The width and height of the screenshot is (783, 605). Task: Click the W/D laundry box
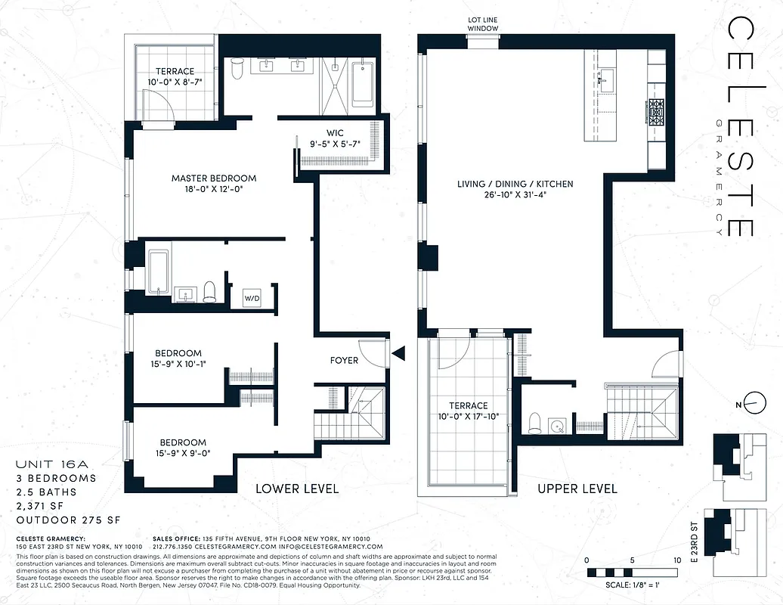pyautogui.click(x=252, y=298)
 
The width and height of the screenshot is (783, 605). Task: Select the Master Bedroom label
pyautogui.click(x=213, y=178)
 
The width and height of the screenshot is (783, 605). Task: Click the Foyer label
pyautogui.click(x=344, y=360)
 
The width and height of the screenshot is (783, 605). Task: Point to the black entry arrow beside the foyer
pyautogui.click(x=398, y=352)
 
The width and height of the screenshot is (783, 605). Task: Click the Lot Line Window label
pyautogui.click(x=482, y=24)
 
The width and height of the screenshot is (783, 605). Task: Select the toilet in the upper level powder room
pyautogui.click(x=535, y=423)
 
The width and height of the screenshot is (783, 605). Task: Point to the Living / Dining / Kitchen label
pyautogui.click(x=515, y=184)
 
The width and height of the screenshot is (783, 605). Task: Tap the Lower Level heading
pyautogui.click(x=297, y=489)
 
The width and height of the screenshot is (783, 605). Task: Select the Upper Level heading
pyautogui.click(x=577, y=489)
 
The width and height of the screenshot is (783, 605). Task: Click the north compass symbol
pyautogui.click(x=749, y=405)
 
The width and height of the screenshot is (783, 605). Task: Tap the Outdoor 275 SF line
pyautogui.click(x=68, y=520)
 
